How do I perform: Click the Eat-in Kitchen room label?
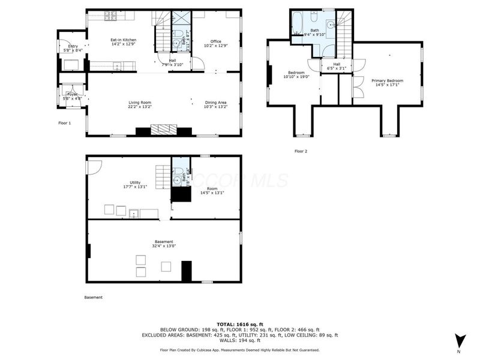coord(123,40)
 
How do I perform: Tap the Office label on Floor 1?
coord(215,41)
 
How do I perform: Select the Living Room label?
coord(139,103)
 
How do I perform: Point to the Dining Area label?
coord(215,103)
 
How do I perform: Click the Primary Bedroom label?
coord(387,80)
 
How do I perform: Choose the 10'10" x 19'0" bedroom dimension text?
coord(296,77)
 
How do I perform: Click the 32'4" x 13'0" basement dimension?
coord(164,245)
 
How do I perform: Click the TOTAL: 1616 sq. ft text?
coord(239,324)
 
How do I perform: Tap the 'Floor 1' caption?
coord(65,123)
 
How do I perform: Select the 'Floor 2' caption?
coord(301,151)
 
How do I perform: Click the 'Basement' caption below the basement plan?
coord(93,298)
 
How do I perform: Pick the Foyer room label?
coord(73,94)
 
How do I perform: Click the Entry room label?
coord(73,46)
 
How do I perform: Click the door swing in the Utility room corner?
coord(92,166)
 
